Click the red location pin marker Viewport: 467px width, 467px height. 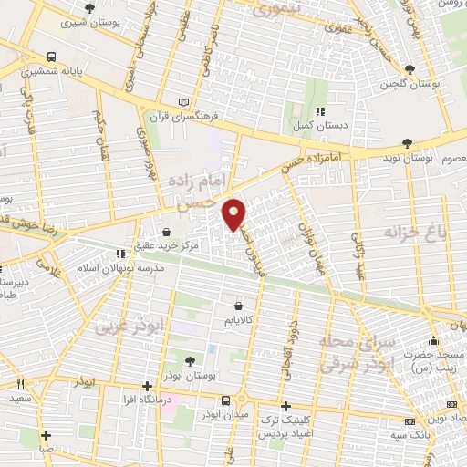(234, 213)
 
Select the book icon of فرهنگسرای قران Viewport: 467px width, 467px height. (185, 102)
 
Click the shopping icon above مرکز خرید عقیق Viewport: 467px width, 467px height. (167, 232)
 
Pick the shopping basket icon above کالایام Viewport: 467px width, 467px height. (238, 306)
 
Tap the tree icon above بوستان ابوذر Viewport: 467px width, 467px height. (189, 361)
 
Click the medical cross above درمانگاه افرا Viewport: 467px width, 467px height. (148, 386)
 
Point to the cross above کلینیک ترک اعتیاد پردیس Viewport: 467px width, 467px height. (286, 406)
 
